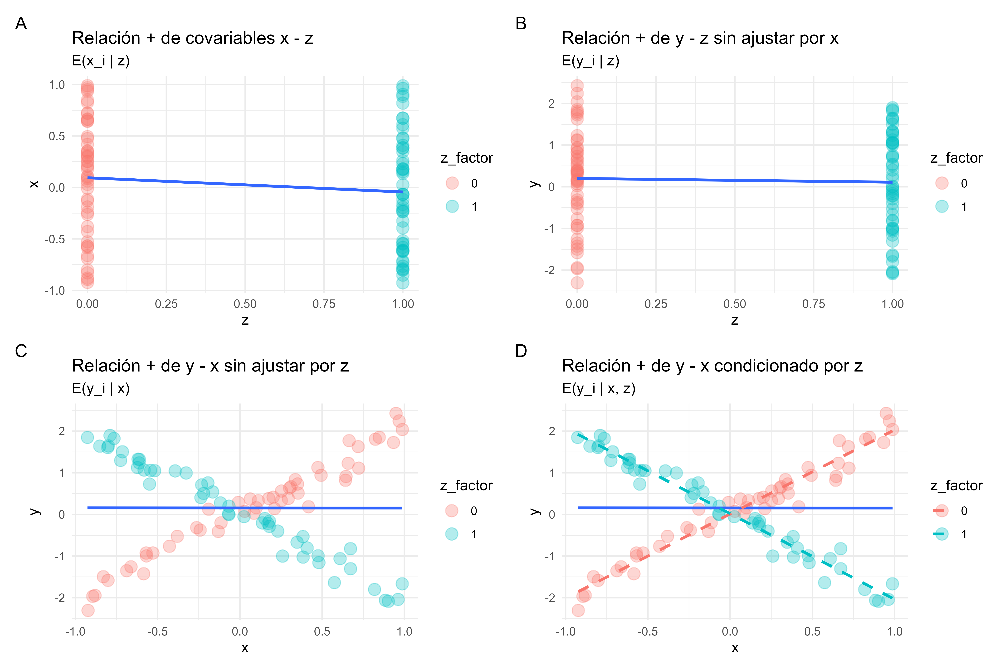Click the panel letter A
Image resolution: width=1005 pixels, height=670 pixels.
tap(21, 24)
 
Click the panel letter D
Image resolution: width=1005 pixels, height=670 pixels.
tap(521, 351)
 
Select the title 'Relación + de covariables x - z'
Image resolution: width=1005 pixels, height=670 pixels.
tap(193, 38)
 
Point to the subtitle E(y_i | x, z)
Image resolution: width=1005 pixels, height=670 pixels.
tap(598, 388)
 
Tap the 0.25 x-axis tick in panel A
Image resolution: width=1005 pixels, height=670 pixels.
tap(166, 304)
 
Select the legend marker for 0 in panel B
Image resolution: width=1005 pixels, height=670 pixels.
tap(942, 183)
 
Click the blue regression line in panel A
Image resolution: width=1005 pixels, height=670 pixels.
tap(245, 185)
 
